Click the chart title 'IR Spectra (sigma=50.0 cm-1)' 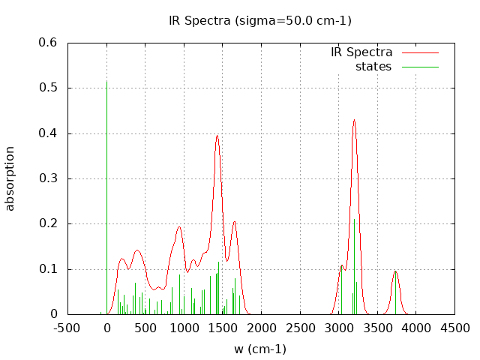coord(260,20)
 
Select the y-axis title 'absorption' coord(10,178)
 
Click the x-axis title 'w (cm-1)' coord(260,349)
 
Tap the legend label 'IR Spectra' coord(361,52)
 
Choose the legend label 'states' coord(373,67)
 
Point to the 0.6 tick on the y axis coord(48,43)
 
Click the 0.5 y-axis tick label coord(48,88)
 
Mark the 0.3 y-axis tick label coord(48,178)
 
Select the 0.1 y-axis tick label coord(48,269)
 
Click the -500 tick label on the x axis coord(68,328)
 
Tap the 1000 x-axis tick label coord(184,328)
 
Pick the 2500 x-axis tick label coord(300,328)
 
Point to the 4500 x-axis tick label coord(454,328)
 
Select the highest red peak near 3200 coord(354,120)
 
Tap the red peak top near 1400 coord(217,136)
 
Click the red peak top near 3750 coord(395,271)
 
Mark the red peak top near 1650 coord(235,221)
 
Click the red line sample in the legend coord(419,52)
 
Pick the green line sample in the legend coord(419,67)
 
